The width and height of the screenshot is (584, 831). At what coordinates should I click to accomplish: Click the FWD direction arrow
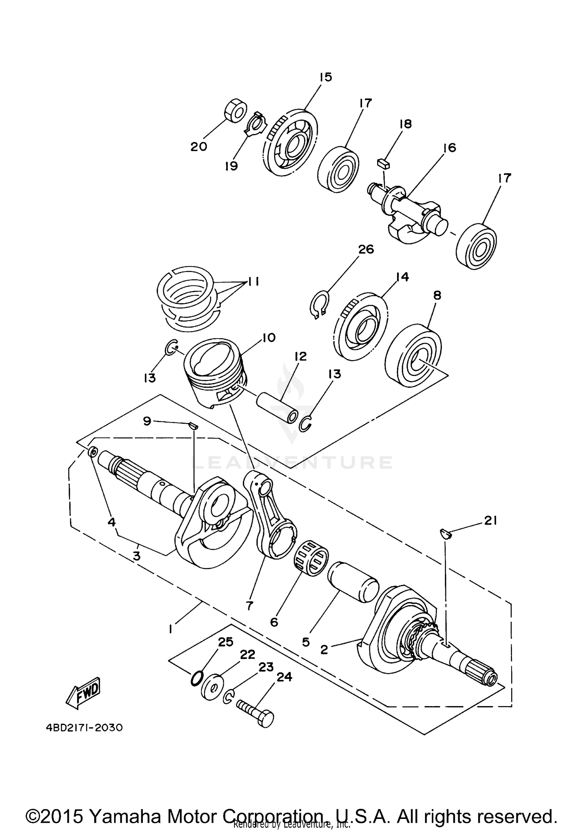(x=83, y=693)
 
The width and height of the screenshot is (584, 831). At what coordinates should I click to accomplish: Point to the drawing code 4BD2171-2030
(x=84, y=727)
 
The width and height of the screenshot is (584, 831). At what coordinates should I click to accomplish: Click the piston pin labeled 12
(x=277, y=408)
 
